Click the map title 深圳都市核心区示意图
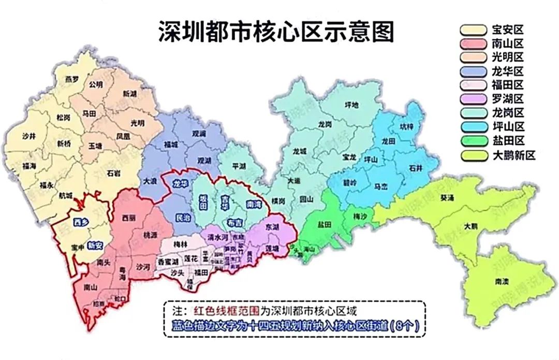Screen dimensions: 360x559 [x=275, y=32]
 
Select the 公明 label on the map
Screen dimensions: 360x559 [x=96, y=84]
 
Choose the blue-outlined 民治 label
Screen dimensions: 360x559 [x=183, y=218]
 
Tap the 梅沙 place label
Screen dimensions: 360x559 [x=360, y=215]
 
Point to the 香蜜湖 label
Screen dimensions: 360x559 [x=169, y=261]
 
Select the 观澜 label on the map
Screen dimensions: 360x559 [x=199, y=133]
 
